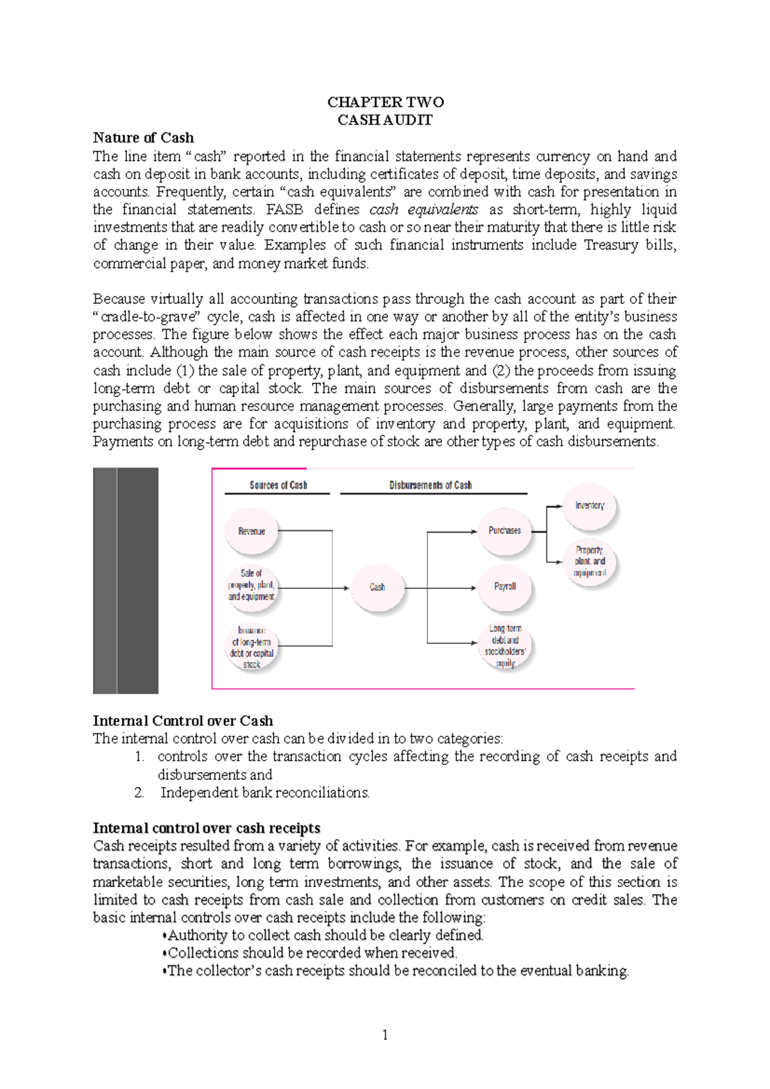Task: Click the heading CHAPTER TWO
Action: tap(385, 102)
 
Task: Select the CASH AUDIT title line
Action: tap(385, 120)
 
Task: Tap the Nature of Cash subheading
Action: tap(143, 138)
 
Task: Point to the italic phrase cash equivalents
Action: tap(424, 210)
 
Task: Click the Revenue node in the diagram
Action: tap(252, 531)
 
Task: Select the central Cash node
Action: tap(377, 587)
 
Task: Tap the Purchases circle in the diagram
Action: tap(505, 530)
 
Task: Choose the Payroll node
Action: tap(505, 586)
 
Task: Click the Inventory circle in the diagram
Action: tap(590, 505)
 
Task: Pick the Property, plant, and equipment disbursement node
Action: tap(590, 561)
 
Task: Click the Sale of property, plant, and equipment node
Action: tap(252, 584)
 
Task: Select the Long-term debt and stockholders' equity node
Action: tap(505, 646)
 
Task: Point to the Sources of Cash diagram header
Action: tap(278, 485)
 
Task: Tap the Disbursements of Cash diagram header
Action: tap(431, 485)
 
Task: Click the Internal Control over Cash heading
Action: tap(183, 721)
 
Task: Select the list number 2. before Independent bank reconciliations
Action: tap(139, 793)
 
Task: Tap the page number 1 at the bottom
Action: tap(385, 1034)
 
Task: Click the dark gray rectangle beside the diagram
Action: tap(126, 580)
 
